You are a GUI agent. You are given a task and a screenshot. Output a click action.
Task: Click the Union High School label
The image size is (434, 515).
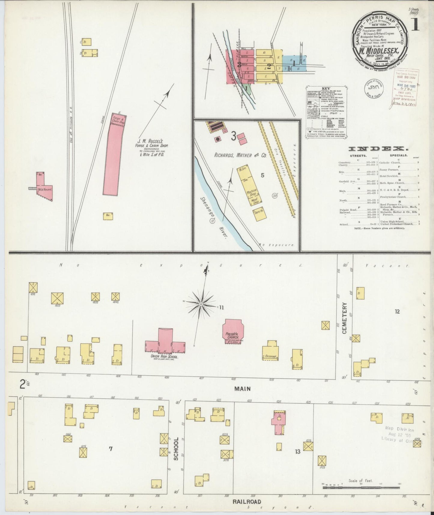click(164, 357)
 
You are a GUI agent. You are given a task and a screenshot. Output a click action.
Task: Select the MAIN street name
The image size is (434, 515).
click(243, 389)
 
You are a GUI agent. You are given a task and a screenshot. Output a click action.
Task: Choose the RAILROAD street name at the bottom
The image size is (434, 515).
click(247, 501)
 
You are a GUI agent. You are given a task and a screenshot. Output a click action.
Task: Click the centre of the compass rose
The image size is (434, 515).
click(201, 304)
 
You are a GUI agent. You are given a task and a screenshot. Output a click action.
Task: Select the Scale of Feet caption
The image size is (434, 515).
click(360, 480)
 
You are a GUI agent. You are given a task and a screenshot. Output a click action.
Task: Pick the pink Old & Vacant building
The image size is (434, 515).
click(45, 189)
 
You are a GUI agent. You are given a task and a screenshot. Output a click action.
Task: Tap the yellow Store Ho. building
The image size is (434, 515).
click(259, 213)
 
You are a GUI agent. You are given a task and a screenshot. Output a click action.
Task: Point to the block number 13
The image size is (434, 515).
click(297, 451)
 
